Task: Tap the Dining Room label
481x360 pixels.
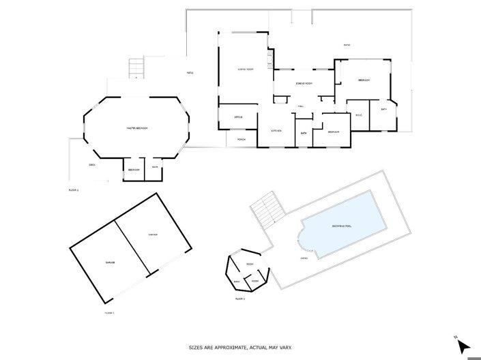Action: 304,84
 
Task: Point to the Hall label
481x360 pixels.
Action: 300,106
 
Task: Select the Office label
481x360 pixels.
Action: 239,117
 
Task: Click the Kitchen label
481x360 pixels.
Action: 276,131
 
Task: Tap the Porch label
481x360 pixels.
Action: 241,139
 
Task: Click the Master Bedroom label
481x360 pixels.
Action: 137,128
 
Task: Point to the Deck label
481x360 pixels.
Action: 92,165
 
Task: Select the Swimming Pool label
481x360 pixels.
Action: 342,226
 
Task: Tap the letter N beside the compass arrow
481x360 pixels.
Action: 455,336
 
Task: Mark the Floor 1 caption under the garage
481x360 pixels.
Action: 109,312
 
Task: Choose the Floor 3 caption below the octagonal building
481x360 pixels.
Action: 239,299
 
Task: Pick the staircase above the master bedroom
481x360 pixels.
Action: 136,68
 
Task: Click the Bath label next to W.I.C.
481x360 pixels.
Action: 384,109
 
